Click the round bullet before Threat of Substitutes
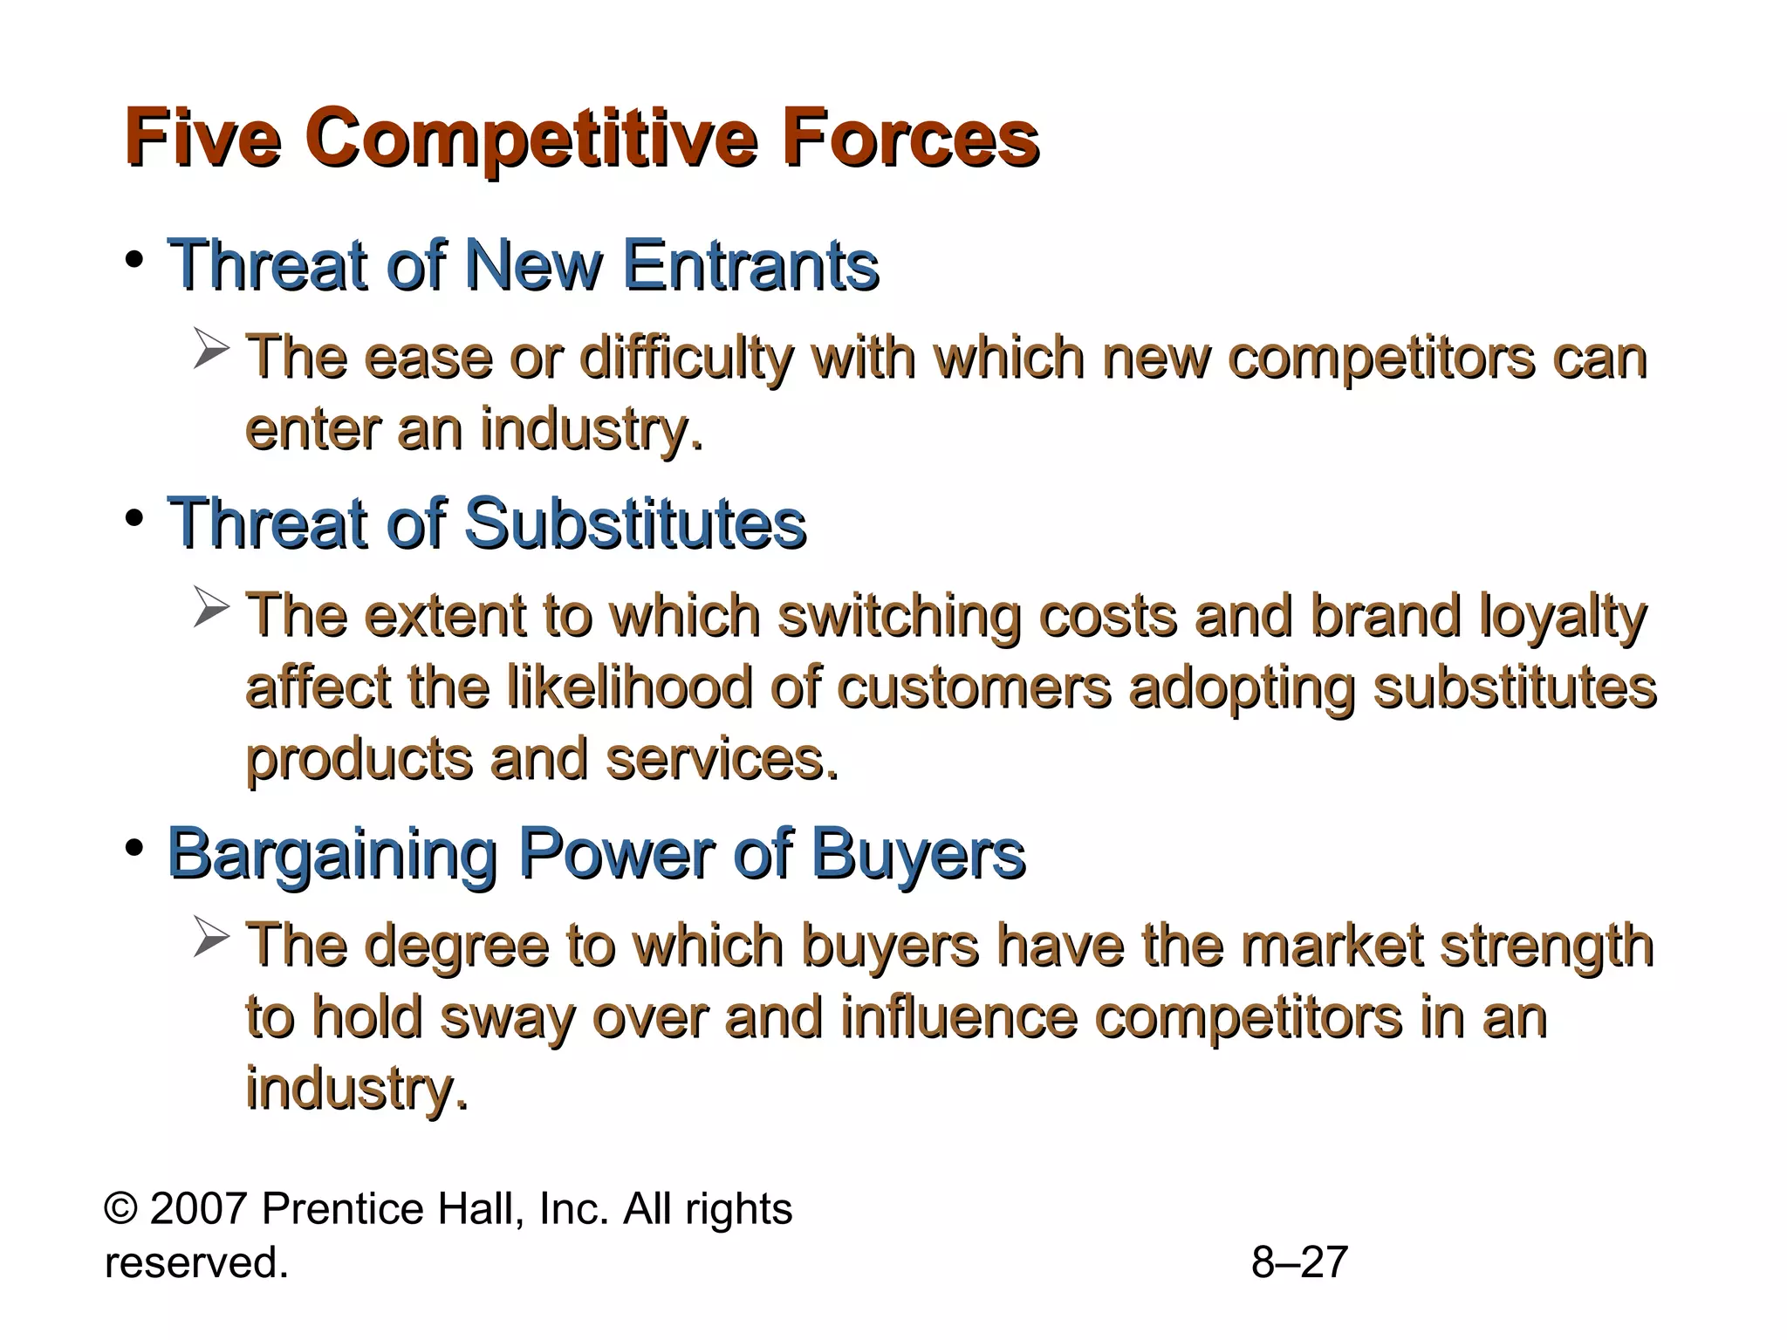[134, 519]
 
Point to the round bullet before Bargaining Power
[134, 848]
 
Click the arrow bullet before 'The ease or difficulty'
[211, 350]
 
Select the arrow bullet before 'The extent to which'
[211, 608]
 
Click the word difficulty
[687, 359]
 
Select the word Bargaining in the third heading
[332, 854]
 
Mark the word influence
[959, 1016]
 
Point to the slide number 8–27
[1299, 1262]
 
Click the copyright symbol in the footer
[120, 1210]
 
